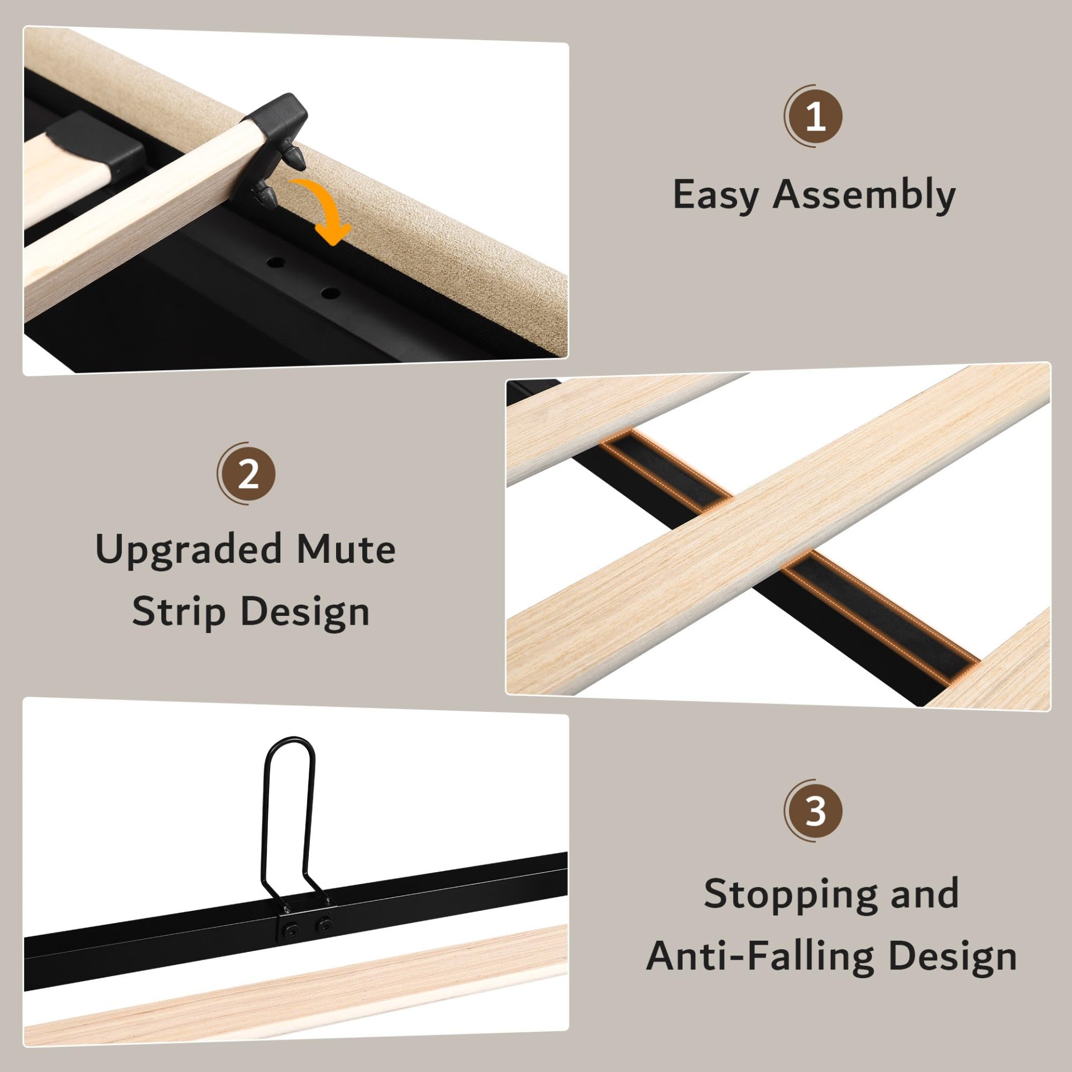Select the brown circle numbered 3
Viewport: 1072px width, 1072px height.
(x=815, y=810)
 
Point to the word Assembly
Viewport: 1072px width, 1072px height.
(x=864, y=195)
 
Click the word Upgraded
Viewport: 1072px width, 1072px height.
(x=189, y=551)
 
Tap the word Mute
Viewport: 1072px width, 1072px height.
(x=346, y=549)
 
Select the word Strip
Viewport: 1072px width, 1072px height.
(x=179, y=613)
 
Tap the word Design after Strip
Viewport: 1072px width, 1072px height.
(x=305, y=613)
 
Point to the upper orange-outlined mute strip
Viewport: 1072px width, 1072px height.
(x=668, y=470)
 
